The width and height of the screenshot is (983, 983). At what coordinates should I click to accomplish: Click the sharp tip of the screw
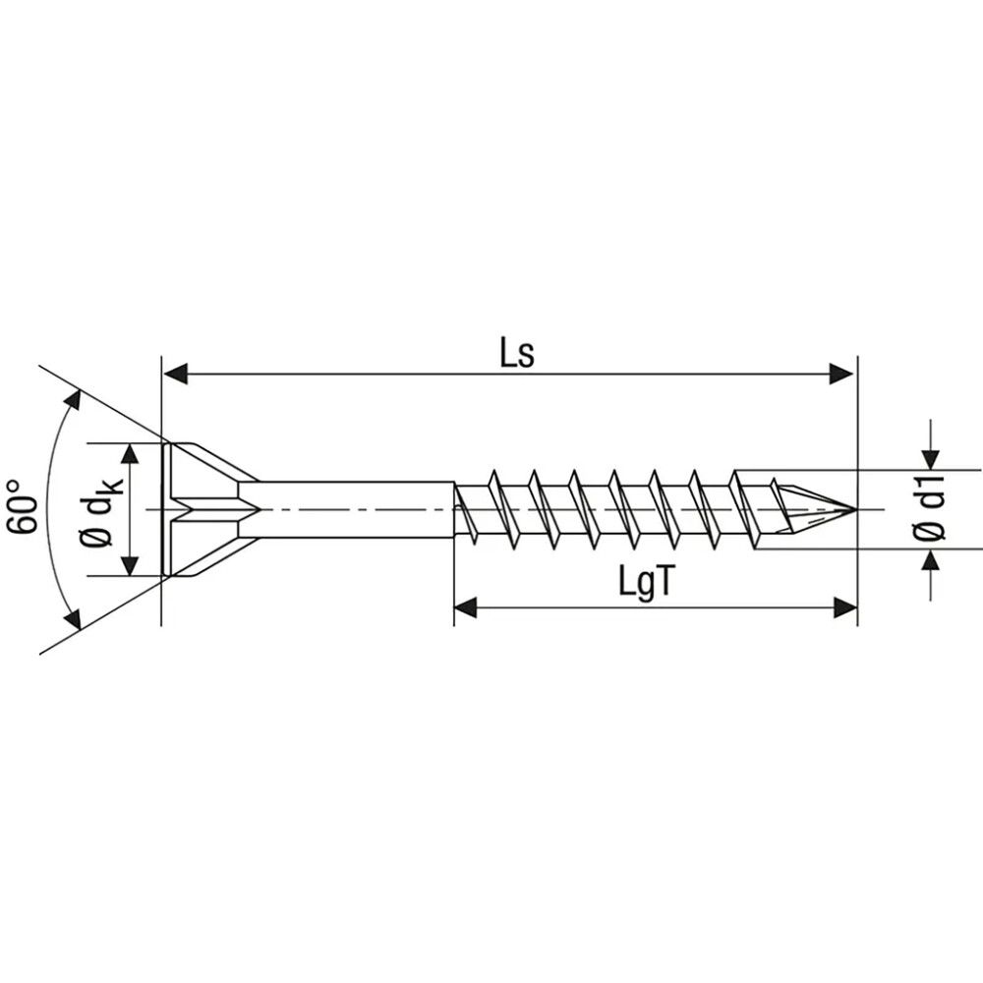coord(853,509)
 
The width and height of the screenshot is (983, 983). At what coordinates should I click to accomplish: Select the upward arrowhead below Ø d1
coord(930,561)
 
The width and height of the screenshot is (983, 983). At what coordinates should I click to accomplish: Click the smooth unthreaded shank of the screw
coord(354,509)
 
